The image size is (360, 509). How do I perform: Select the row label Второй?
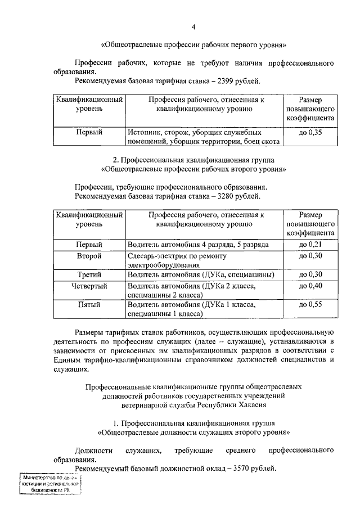(89, 256)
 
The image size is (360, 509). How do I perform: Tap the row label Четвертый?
(89, 286)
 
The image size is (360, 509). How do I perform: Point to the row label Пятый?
(89, 305)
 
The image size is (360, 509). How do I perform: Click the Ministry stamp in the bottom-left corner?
(49, 484)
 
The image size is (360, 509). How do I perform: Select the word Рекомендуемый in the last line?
(102, 467)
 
